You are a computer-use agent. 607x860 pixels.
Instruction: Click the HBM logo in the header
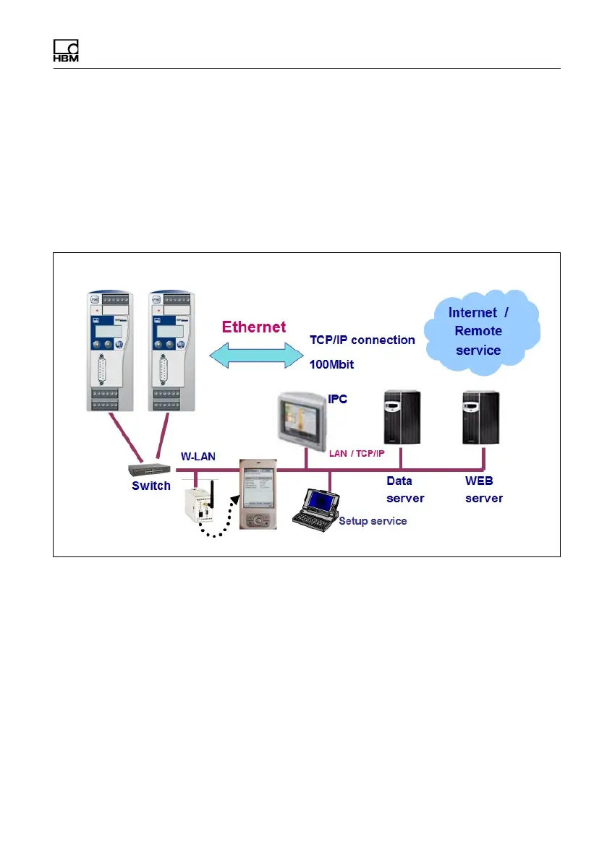tap(66, 50)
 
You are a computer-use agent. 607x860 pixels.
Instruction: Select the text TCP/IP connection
tap(362, 340)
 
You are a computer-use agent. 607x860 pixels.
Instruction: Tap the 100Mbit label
tap(331, 364)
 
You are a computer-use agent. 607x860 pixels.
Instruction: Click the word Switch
tap(151, 486)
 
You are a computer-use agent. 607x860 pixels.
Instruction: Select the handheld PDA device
tap(258, 495)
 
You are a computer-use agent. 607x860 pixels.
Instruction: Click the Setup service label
tap(373, 520)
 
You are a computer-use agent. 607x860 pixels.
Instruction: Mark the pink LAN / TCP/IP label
tap(357, 454)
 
